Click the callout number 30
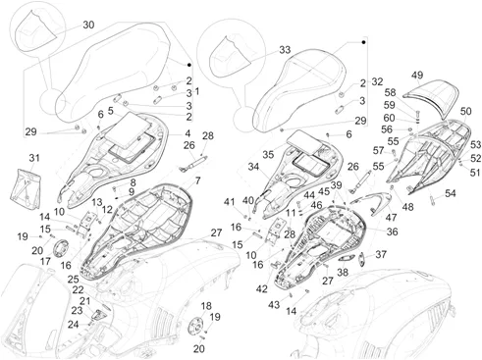coord(88,25)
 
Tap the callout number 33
coord(285,50)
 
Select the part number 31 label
coord(34,158)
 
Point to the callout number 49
coord(417,75)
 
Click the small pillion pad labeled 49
coord(429,96)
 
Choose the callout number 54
coord(451,193)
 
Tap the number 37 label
coord(381,254)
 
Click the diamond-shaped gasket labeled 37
coord(362,259)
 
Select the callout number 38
coord(343,272)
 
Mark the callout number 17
coord(45,261)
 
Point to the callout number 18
coord(206,306)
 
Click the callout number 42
coord(262,289)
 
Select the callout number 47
coord(392,217)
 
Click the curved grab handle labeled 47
coord(373,200)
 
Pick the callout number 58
coord(390,92)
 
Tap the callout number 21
coord(84,301)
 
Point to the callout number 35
coord(268,154)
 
